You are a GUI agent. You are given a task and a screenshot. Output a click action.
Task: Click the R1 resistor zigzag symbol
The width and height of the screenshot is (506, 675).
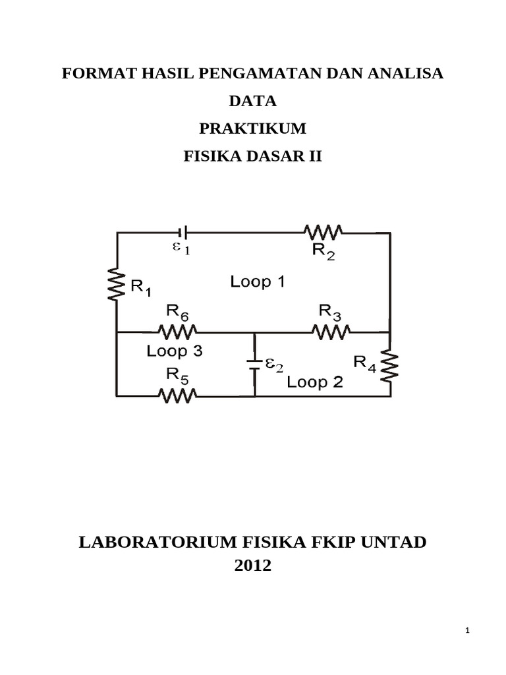click(x=117, y=285)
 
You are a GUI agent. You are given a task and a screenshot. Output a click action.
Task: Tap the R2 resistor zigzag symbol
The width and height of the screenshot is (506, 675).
click(x=323, y=231)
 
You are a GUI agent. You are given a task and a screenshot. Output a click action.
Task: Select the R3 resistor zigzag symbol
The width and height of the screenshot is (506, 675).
click(x=331, y=332)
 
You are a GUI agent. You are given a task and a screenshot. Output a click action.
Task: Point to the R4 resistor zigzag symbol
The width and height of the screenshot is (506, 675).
click(x=390, y=365)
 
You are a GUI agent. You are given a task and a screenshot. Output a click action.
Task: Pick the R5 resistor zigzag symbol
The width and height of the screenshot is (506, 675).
click(x=177, y=396)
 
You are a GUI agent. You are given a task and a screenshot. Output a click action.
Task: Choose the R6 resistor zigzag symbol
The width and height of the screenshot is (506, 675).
click(x=177, y=332)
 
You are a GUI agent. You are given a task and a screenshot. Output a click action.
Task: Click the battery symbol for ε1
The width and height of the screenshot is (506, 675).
click(x=184, y=231)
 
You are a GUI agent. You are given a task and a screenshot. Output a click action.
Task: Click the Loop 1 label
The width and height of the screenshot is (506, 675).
click(x=257, y=282)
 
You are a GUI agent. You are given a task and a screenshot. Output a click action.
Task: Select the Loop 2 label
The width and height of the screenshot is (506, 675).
click(x=315, y=382)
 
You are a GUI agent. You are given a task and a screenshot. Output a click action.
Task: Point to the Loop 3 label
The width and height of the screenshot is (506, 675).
click(x=175, y=351)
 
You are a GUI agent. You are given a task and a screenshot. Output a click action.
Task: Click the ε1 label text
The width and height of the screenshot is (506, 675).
click(x=181, y=249)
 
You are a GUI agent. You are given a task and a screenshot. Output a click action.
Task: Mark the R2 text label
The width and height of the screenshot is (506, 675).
click(x=323, y=251)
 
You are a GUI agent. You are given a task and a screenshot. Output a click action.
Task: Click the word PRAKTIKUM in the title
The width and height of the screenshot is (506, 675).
click(x=253, y=129)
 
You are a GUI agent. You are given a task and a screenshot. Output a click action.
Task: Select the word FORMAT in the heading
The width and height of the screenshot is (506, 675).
click(x=94, y=74)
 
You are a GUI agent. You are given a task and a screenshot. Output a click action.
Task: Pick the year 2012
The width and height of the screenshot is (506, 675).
click(x=253, y=566)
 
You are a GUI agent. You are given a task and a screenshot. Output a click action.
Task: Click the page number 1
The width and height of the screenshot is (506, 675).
click(x=466, y=631)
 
